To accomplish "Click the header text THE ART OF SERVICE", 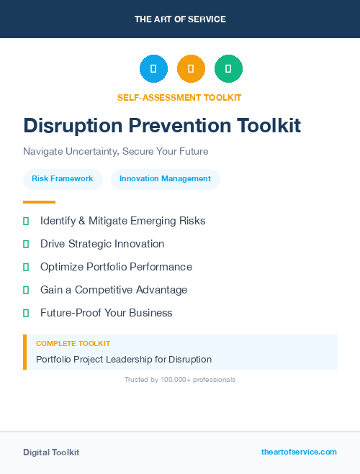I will (x=180, y=19).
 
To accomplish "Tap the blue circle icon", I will (x=153, y=69).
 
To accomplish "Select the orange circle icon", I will (x=191, y=69).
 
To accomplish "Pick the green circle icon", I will (x=228, y=69).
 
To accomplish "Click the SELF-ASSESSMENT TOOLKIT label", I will (x=179, y=97).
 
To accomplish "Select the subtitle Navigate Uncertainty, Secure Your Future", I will (x=115, y=152).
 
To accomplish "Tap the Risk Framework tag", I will (x=63, y=179).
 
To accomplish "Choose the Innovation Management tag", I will (x=165, y=179).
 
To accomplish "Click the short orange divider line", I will (x=39, y=202).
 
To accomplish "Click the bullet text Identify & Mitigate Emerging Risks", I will (x=122, y=221).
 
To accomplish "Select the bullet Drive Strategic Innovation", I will (x=102, y=244).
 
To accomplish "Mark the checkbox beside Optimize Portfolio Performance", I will (x=26, y=267).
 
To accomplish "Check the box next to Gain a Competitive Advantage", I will (x=26, y=290).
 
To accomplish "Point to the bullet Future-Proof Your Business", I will (x=106, y=313).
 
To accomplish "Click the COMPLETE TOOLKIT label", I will (x=73, y=344).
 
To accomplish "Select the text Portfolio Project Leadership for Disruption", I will (x=124, y=359).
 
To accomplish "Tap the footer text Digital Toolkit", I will (x=51, y=452).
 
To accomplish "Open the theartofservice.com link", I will (x=299, y=452).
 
